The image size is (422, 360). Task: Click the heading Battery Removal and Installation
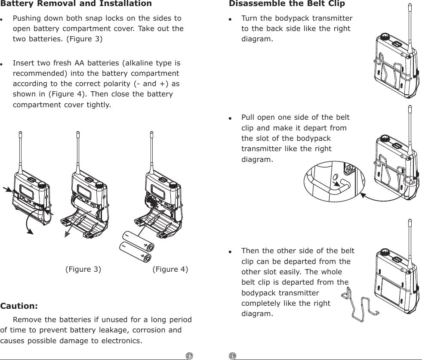pos(76,4)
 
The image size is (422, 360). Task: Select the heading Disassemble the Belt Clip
pos(287,4)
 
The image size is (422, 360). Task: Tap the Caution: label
pos(19,306)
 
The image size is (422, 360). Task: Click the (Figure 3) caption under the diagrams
pos(83,270)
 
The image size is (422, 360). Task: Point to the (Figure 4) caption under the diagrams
pos(170,270)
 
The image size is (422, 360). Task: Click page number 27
pos(189,356)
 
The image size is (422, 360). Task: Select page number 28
pos(233,356)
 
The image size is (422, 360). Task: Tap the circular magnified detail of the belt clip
pos(334,181)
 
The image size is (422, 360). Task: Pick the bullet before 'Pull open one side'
pos(231,118)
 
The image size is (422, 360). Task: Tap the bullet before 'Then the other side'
pos(231,252)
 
